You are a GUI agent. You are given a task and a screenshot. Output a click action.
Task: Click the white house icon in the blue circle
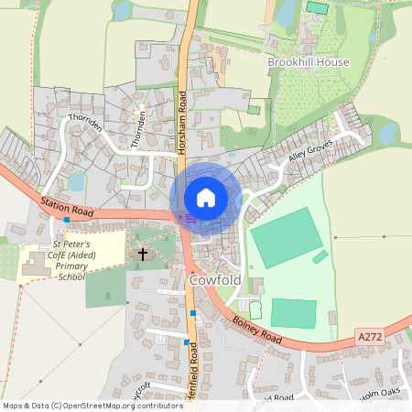[x=206, y=197]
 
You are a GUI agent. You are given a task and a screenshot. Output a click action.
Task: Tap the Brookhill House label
[x=309, y=61]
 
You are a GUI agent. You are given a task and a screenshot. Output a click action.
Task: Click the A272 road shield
[x=371, y=337]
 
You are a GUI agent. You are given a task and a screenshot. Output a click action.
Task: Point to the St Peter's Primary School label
[x=69, y=261]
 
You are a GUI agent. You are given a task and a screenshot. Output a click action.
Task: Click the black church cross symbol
[x=142, y=253]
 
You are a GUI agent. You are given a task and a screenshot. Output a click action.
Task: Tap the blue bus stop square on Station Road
[x=67, y=220]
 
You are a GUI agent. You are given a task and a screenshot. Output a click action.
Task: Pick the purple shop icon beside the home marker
[x=190, y=218]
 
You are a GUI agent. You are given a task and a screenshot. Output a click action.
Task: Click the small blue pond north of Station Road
[x=76, y=181]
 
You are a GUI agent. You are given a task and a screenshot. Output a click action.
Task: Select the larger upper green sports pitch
[x=286, y=237]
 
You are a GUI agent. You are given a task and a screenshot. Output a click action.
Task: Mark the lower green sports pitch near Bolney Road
[x=294, y=313]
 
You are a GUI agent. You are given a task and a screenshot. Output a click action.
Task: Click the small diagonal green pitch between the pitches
[x=320, y=257]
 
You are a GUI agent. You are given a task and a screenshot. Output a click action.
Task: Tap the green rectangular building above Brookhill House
[x=317, y=7]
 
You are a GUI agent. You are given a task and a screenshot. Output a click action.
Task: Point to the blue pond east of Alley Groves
[x=387, y=133]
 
